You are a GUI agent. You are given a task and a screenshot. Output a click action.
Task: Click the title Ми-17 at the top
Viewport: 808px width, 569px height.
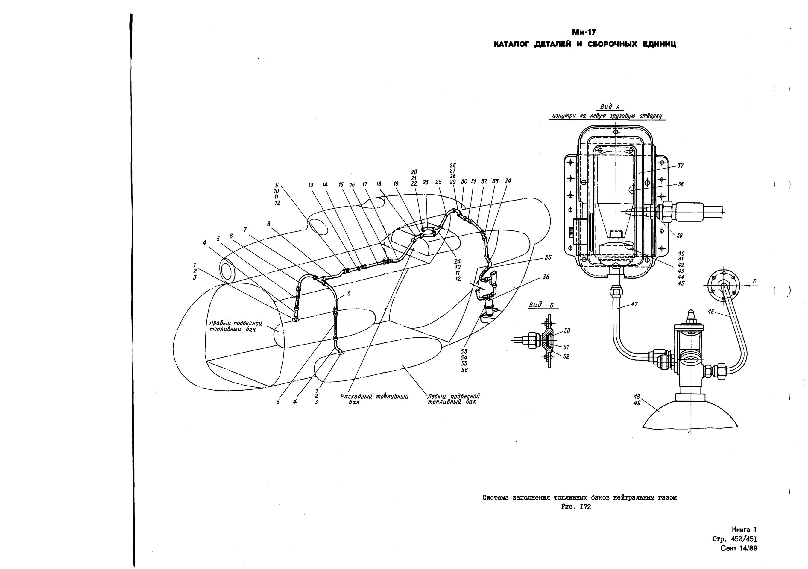584,32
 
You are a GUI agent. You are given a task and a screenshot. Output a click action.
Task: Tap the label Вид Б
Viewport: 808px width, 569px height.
541,305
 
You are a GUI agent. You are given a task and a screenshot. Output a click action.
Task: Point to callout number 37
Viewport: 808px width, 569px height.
681,166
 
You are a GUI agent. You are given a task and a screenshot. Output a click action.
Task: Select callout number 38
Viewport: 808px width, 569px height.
681,184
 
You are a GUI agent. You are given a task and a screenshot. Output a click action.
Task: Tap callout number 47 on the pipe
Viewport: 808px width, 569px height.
634,304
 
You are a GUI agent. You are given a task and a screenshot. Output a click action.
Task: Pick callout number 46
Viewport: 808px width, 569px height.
710,311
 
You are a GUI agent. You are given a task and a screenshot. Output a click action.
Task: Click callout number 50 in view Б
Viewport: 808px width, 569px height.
566,330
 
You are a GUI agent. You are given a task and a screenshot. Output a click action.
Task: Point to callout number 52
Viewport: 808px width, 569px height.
566,356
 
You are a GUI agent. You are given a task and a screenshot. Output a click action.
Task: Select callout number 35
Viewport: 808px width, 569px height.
548,258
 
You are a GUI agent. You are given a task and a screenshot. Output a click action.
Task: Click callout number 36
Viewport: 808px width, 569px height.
546,277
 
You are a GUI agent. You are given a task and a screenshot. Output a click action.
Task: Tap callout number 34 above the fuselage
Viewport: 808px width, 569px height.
508,181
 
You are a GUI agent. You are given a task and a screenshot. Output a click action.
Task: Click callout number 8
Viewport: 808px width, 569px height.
269,224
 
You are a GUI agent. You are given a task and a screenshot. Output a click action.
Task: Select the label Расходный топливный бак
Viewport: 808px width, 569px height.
374,399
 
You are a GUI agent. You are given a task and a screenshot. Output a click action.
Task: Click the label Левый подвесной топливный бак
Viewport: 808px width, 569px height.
454,399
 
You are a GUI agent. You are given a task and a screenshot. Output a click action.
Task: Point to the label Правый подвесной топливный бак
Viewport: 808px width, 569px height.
236,326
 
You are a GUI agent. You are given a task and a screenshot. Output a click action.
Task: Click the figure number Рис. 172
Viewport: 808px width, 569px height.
576,507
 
